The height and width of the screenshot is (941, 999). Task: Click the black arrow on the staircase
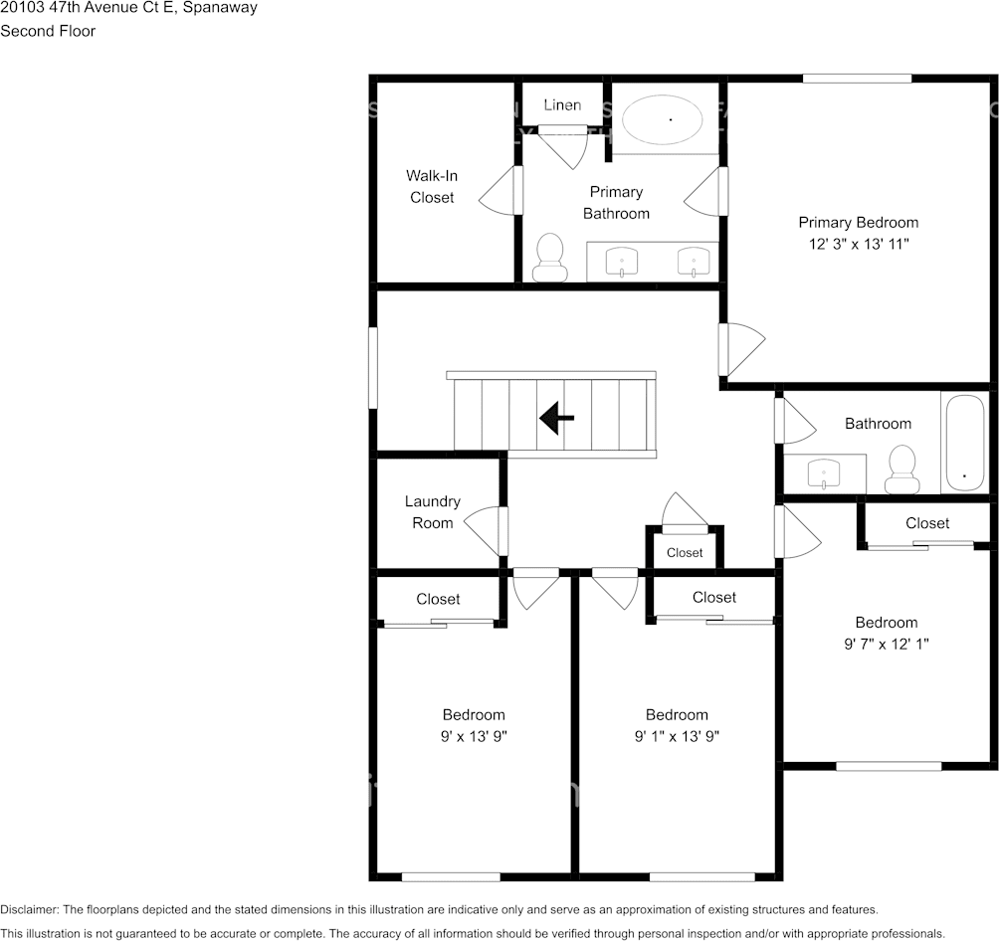557,418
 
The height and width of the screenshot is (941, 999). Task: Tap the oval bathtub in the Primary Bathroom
662,119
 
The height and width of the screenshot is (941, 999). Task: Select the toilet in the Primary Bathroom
550,258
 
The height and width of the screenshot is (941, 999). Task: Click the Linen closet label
562,105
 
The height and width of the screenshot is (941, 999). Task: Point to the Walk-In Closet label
432,187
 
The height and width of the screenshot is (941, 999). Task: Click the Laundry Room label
433,512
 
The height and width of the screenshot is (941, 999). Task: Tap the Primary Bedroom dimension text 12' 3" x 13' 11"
859,244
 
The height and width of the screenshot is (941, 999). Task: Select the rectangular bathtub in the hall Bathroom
965,443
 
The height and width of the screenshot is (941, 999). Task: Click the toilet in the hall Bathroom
900,469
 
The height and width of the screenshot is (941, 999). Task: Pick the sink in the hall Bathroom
824,472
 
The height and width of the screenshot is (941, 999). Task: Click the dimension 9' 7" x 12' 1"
887,645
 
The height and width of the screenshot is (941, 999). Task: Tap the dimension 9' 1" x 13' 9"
677,736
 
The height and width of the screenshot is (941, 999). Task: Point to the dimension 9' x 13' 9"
474,736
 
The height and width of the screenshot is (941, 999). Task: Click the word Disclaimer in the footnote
29,910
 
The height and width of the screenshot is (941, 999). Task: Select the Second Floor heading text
48,31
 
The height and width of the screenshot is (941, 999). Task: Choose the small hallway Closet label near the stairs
685,553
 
